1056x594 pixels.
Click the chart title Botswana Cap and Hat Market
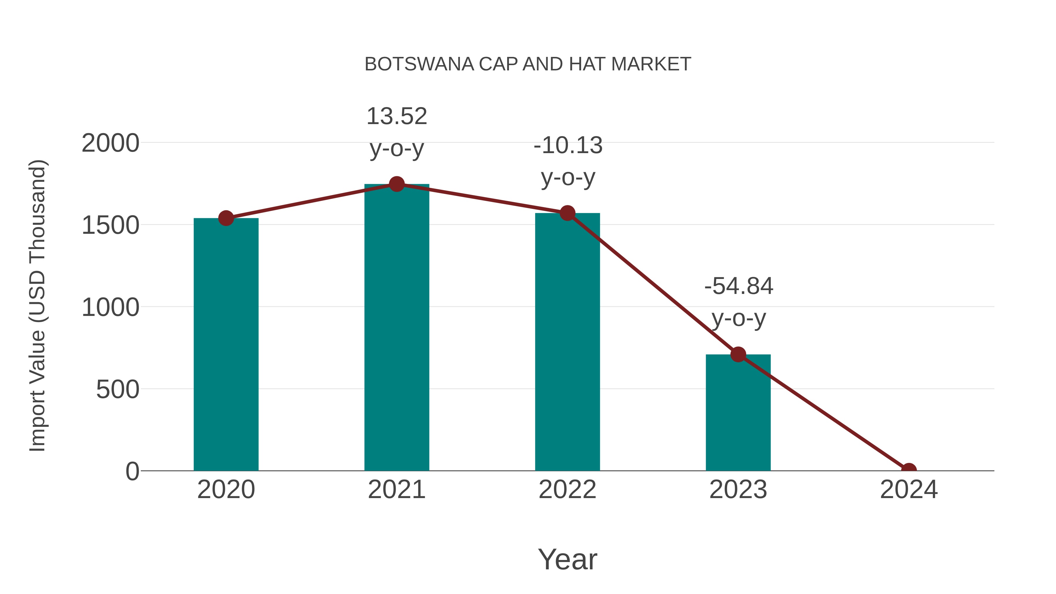pyautogui.click(x=528, y=64)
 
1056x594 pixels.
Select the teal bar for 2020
pyautogui.click(x=226, y=344)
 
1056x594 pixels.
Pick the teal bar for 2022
pyautogui.click(x=567, y=342)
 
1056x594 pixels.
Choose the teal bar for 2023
pyautogui.click(x=738, y=412)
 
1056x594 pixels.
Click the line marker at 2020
pyautogui.click(x=226, y=218)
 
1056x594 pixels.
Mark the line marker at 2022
pyautogui.click(x=567, y=213)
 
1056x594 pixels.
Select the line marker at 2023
pyautogui.click(x=738, y=354)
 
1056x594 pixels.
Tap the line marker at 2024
pyautogui.click(x=908, y=470)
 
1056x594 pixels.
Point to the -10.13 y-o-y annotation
pyautogui.click(x=568, y=161)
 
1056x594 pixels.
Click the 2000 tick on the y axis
pyautogui.click(x=110, y=143)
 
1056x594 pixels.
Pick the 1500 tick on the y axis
pyautogui.click(x=110, y=226)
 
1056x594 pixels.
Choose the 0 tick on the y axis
pyautogui.click(x=132, y=471)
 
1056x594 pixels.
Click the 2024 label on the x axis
pyautogui.click(x=908, y=490)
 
